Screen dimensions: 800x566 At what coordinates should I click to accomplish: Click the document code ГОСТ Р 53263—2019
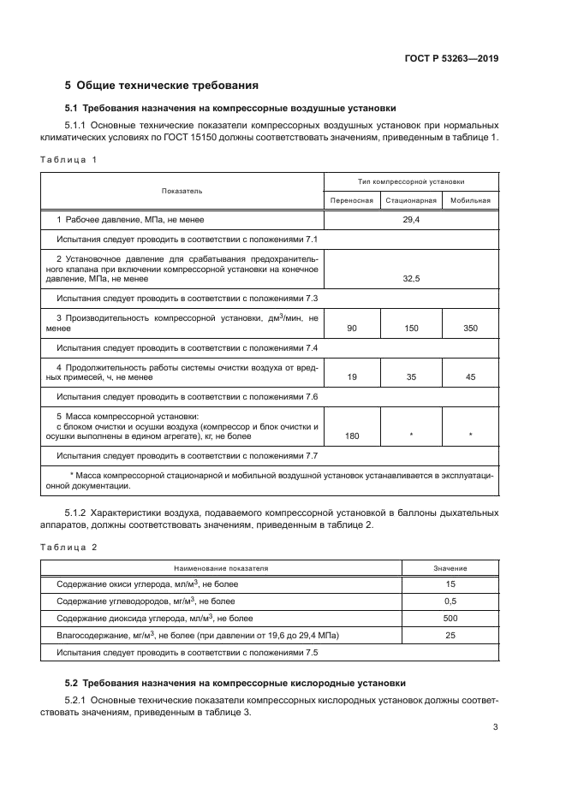[451, 59]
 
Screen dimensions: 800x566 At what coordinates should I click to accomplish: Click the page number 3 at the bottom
[496, 728]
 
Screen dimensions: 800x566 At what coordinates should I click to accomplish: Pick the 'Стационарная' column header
[411, 201]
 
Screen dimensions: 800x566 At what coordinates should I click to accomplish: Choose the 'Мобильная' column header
[470, 201]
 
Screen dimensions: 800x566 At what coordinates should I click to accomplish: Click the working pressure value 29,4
[411, 220]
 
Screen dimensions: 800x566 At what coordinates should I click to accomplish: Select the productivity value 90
[352, 329]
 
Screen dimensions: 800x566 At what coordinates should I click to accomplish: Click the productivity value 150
[411, 329]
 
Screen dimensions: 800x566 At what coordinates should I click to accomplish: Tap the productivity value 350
[470, 329]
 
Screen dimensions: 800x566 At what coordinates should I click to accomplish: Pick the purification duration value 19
[352, 377]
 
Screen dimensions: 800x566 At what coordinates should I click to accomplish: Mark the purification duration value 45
[470, 377]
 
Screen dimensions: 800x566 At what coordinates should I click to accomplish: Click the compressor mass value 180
[352, 436]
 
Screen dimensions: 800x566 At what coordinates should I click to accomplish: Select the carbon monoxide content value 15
[450, 584]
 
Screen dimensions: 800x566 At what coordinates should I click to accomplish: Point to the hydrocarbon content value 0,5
[450, 601]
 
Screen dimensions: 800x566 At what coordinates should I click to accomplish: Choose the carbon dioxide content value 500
[450, 618]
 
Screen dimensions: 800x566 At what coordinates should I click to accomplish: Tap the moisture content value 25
[450, 635]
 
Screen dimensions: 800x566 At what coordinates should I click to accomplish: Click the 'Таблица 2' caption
[69, 546]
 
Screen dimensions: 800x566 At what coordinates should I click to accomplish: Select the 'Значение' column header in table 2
[450, 567]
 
